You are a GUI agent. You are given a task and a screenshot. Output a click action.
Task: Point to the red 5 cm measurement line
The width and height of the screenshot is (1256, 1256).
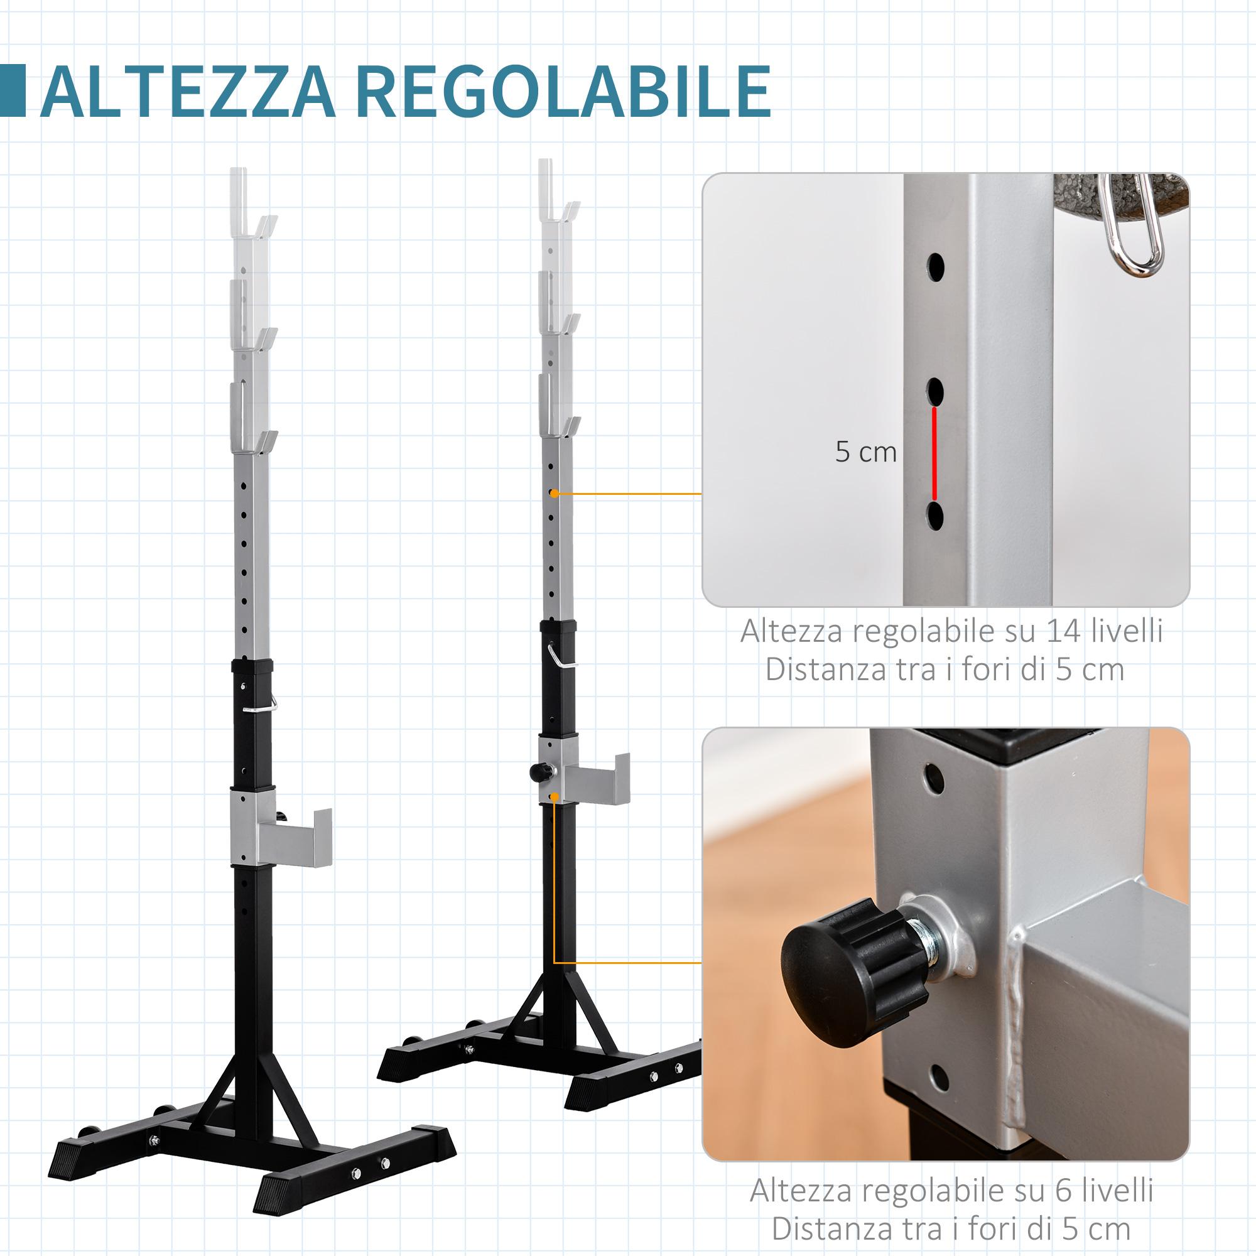[935, 454]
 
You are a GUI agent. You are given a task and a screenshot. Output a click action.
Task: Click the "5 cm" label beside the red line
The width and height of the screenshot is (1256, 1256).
[865, 452]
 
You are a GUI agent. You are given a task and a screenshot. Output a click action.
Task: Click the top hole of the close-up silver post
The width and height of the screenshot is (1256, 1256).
[936, 266]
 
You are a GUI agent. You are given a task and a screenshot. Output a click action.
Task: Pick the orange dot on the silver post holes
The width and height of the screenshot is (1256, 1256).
[554, 494]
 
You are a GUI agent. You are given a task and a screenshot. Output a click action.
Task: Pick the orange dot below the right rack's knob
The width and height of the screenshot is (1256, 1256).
[554, 797]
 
